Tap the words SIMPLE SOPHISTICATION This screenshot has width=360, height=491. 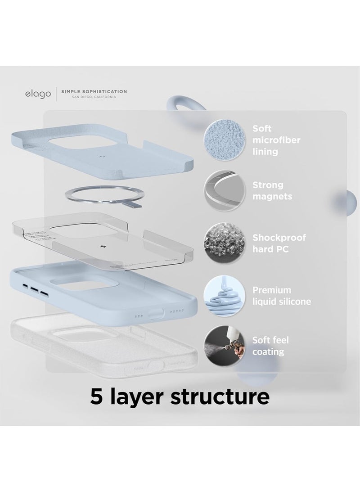pyautogui.click(x=94, y=91)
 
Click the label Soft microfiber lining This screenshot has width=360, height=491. pyautogui.click(x=276, y=140)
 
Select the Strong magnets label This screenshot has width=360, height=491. pyautogui.click(x=271, y=191)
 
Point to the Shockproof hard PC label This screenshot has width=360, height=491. pyautogui.click(x=279, y=243)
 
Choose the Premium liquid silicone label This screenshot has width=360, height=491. pyautogui.click(x=282, y=296)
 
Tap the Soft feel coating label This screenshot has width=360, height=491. pyautogui.click(x=271, y=346)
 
